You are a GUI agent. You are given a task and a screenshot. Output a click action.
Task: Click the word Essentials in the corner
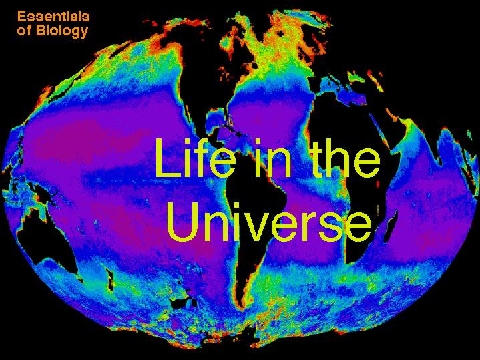pos(53,16)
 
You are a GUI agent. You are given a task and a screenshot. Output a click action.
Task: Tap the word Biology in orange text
pos(62,31)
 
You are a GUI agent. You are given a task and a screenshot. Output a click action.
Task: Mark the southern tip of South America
pos(242,307)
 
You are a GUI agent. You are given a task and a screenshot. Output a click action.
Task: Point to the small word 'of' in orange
pos(25,31)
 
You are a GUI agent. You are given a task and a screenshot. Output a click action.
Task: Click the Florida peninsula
pos(228,118)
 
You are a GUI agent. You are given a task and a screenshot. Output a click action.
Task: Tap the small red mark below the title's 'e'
pos(377,184)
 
